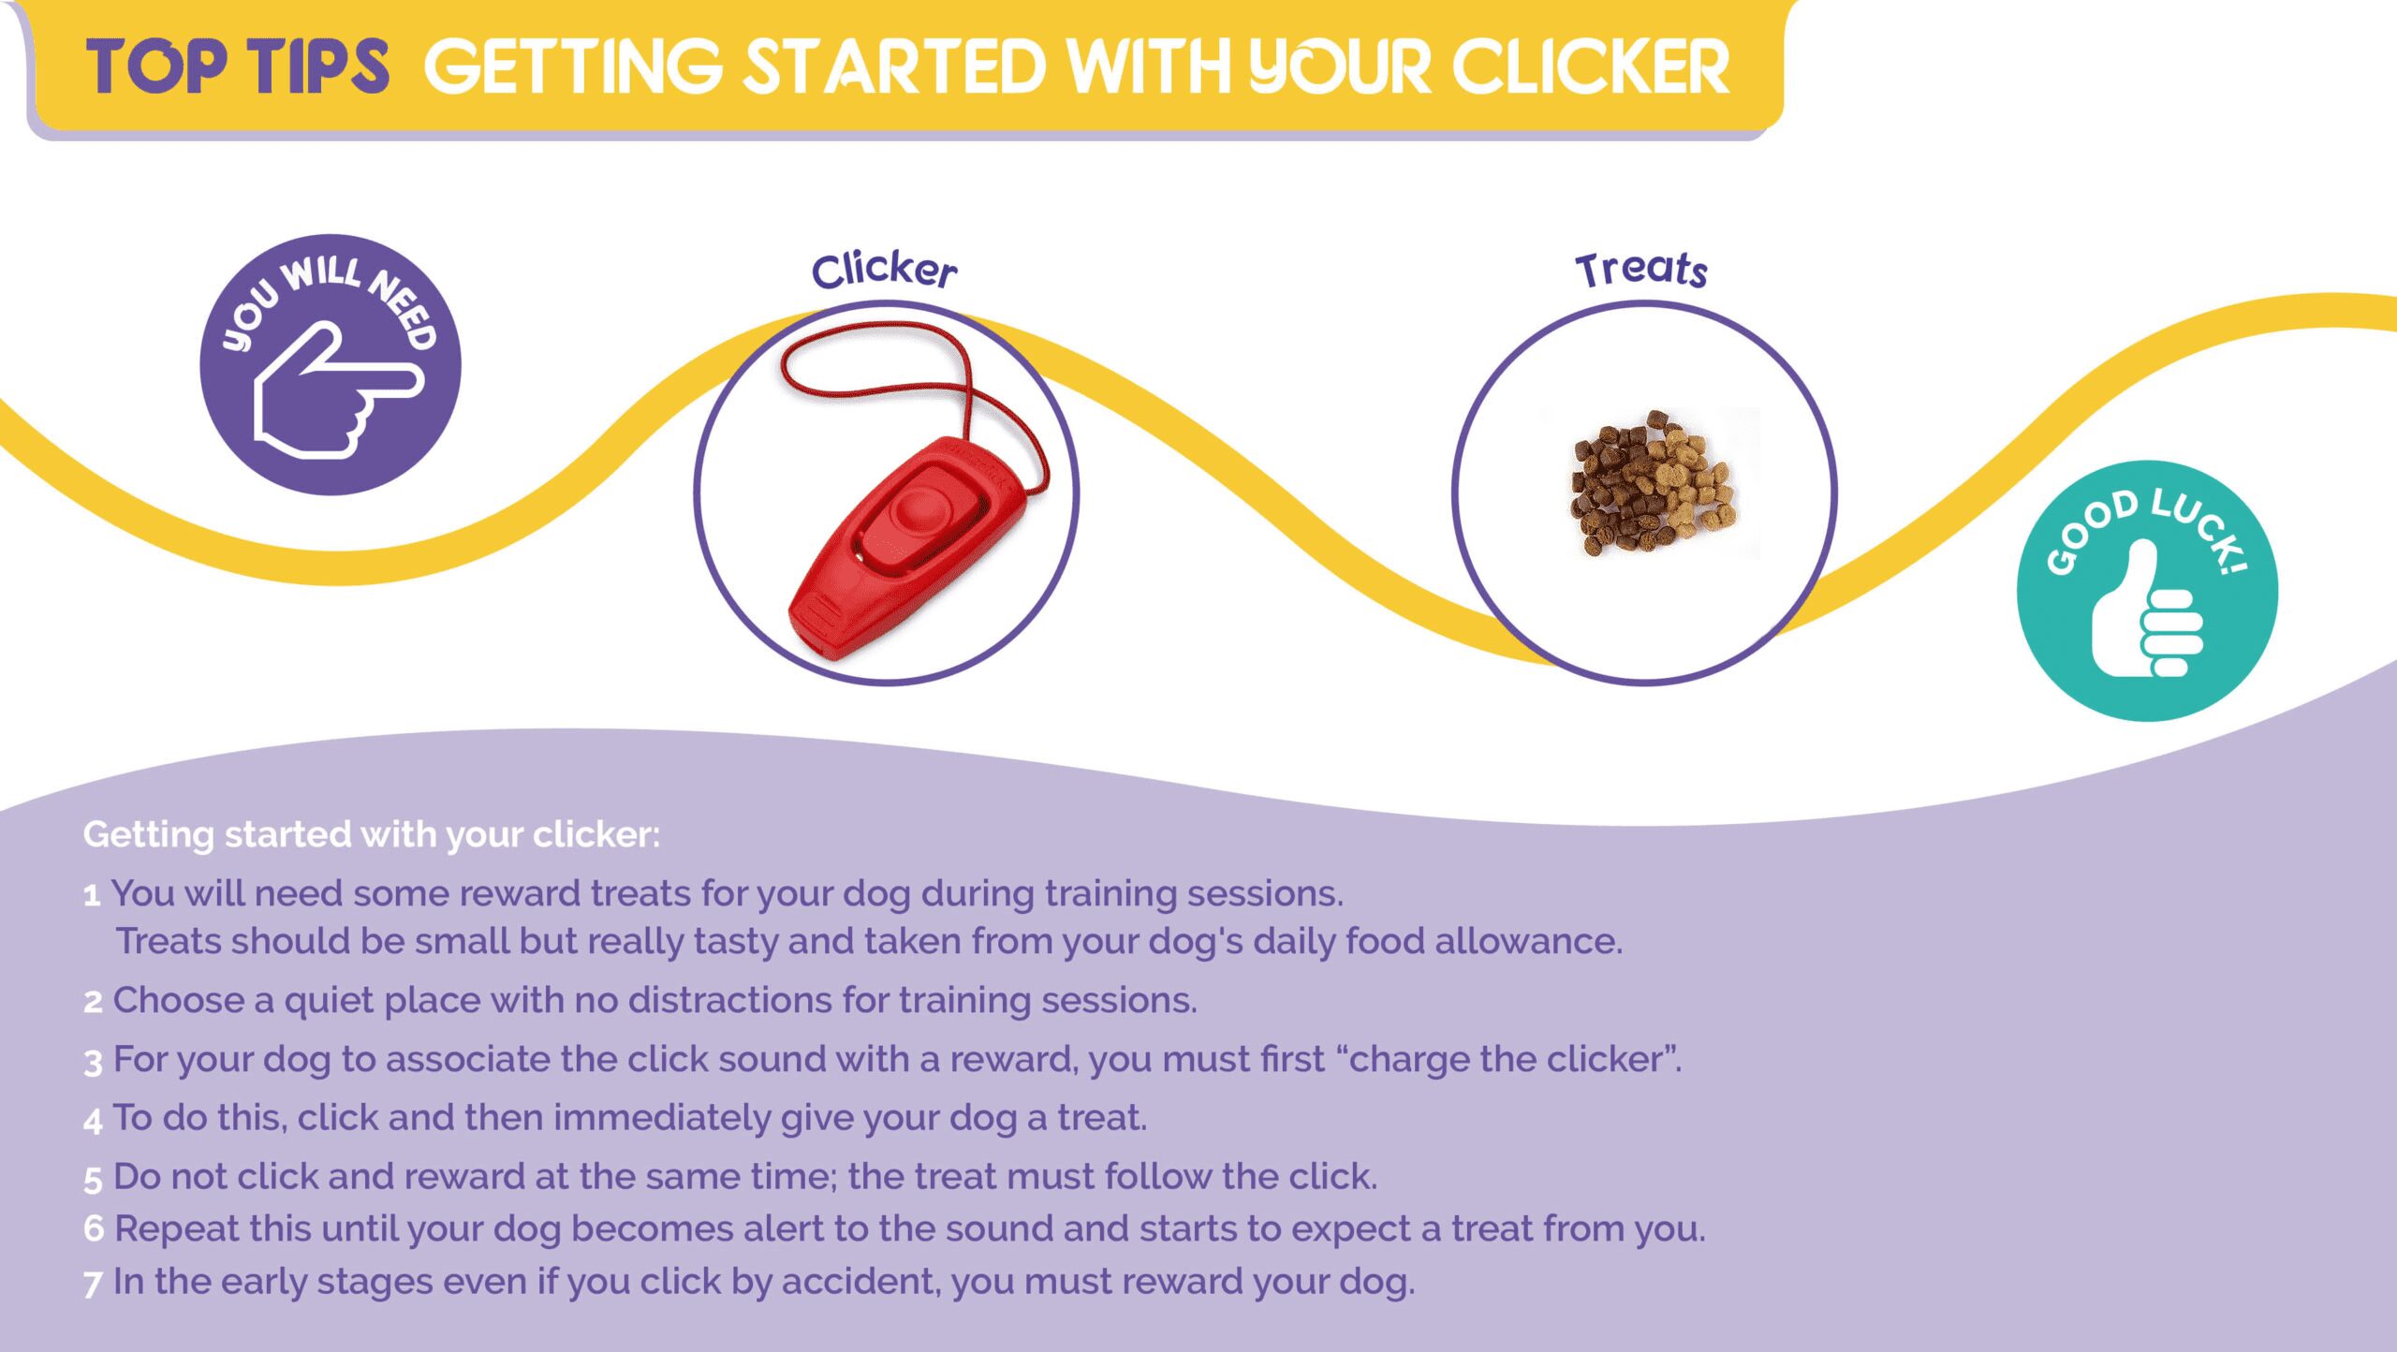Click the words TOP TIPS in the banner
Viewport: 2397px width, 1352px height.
point(238,67)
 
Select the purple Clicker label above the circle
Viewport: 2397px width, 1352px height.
point(884,270)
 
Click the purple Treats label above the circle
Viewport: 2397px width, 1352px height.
point(1641,270)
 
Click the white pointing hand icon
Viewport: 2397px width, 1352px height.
point(338,390)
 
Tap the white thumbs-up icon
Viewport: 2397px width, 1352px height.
point(2147,608)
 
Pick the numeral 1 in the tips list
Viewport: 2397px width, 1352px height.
point(92,896)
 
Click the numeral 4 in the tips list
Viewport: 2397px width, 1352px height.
point(93,1121)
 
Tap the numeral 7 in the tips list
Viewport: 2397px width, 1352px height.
point(93,1285)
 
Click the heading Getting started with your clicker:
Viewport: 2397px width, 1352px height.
point(372,834)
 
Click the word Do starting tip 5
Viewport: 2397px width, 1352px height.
point(137,1177)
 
